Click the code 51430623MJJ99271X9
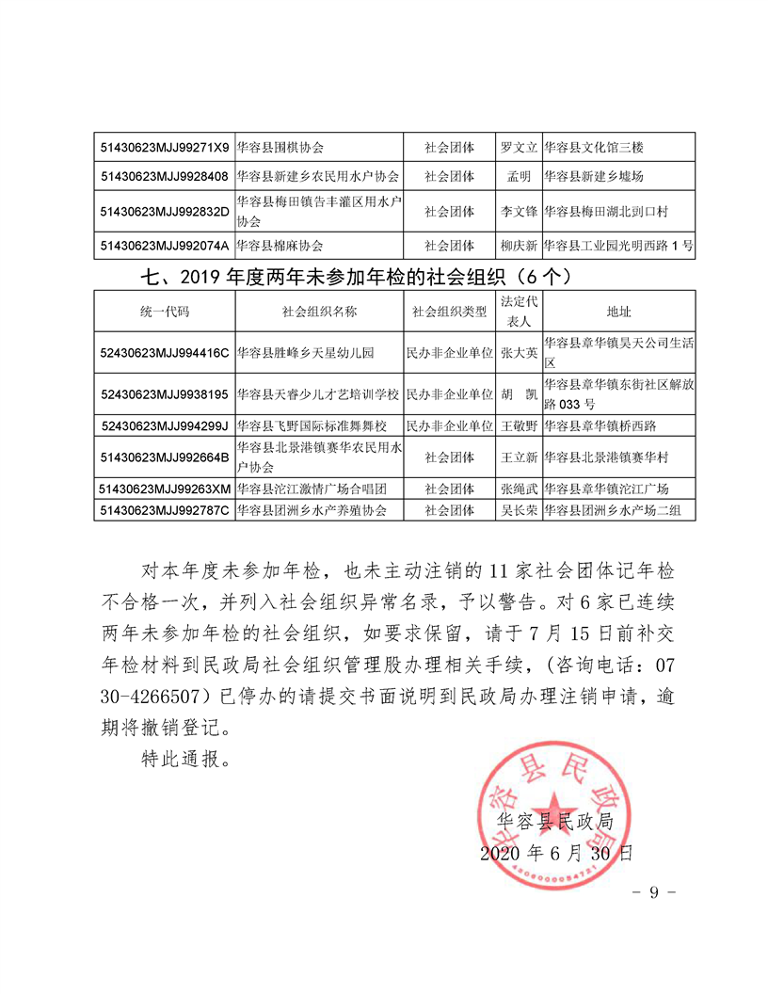pyautogui.click(x=164, y=148)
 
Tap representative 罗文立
pyautogui.click(x=519, y=148)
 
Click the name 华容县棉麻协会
pyautogui.click(x=280, y=246)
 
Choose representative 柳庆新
pyautogui.click(x=519, y=246)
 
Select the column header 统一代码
pyautogui.click(x=164, y=312)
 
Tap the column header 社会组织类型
pyautogui.click(x=449, y=312)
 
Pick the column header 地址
pyautogui.click(x=618, y=312)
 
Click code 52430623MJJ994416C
pyautogui.click(x=164, y=353)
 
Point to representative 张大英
pyautogui.click(x=519, y=353)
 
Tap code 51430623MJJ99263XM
pyautogui.click(x=164, y=489)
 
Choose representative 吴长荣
pyautogui.click(x=519, y=511)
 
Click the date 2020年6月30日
pyautogui.click(x=555, y=854)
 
